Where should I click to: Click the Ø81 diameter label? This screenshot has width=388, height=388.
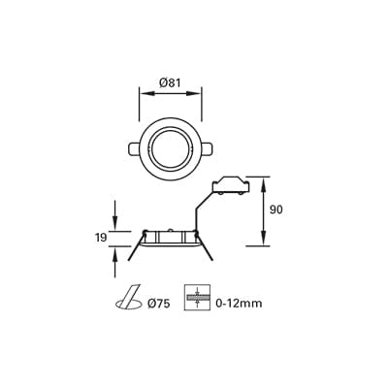click(x=170, y=83)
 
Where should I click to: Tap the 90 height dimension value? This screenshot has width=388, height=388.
click(x=275, y=209)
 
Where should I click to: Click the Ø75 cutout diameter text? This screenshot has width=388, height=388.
click(x=158, y=304)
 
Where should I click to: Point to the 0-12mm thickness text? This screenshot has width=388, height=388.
click(x=240, y=304)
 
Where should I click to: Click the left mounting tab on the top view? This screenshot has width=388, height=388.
click(x=135, y=148)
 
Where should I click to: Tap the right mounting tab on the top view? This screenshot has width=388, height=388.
click(x=206, y=148)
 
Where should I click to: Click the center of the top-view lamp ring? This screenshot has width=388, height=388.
click(x=170, y=147)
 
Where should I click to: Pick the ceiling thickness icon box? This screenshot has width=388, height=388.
click(x=197, y=297)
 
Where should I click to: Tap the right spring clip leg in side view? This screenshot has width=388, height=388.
click(x=207, y=248)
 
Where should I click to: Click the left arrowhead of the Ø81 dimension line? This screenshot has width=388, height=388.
click(x=143, y=93)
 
